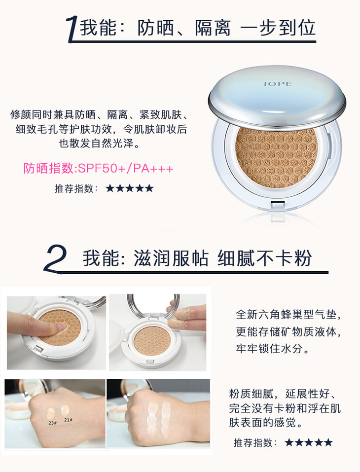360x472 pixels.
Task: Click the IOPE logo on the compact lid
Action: [278, 83]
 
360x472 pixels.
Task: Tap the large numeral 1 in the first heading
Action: [72, 30]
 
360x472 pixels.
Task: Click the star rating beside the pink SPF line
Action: [130, 188]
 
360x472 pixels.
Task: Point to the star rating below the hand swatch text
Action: [309, 442]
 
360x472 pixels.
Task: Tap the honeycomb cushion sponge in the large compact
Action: [276, 157]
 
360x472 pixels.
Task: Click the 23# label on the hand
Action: [52, 423]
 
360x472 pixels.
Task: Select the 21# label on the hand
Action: [68, 420]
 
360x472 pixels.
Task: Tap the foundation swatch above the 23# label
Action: [51, 413]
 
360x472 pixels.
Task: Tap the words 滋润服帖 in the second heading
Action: [171, 258]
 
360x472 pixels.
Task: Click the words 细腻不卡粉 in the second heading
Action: [264, 258]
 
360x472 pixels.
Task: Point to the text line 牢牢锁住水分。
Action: [273, 349]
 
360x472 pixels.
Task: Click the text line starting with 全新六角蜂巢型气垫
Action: [288, 315]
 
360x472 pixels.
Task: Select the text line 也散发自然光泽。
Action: [100, 143]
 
